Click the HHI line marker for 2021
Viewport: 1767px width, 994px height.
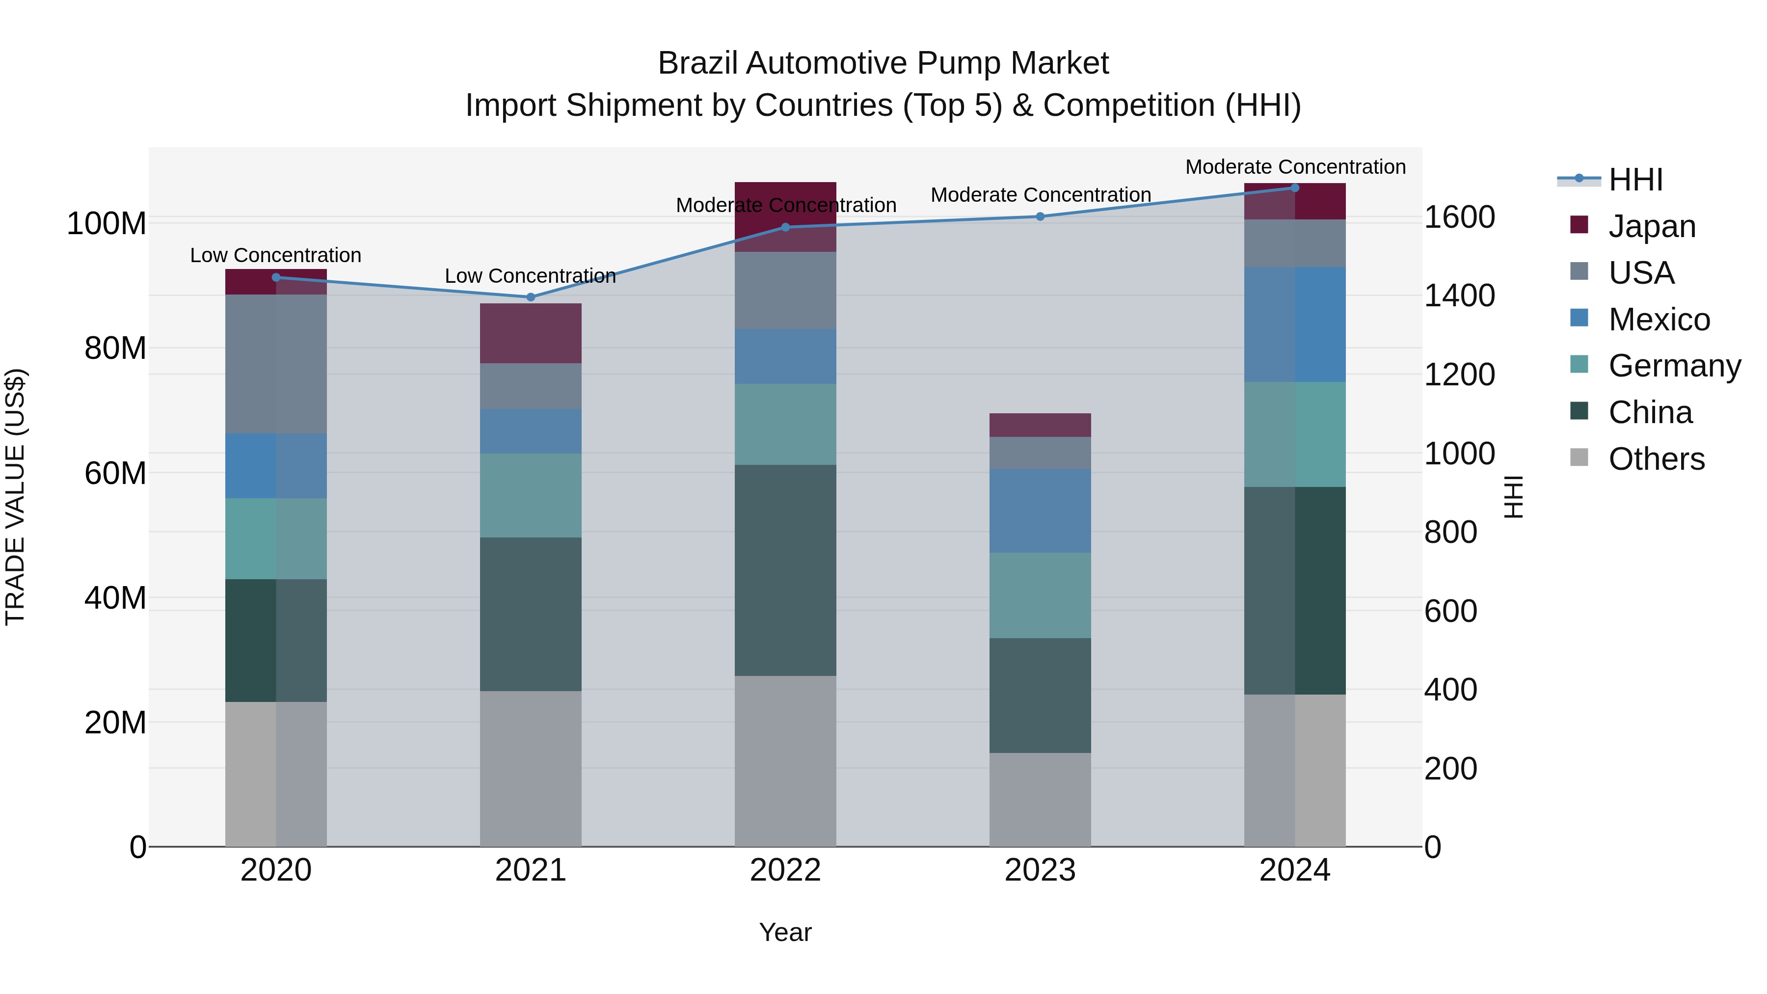click(x=530, y=297)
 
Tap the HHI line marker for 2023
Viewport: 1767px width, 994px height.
click(x=1040, y=217)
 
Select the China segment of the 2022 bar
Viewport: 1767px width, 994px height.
click(x=785, y=570)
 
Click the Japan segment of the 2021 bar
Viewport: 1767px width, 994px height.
click(x=530, y=333)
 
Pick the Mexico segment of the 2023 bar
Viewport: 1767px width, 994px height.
click(x=1040, y=510)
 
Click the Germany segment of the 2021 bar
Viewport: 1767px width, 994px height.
click(x=530, y=495)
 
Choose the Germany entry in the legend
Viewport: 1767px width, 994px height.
click(x=1674, y=366)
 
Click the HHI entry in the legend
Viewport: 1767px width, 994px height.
click(x=1635, y=180)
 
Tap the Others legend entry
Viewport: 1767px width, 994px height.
click(x=1656, y=459)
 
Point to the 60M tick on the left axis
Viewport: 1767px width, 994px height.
click(x=115, y=473)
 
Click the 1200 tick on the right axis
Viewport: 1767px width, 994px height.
click(x=1460, y=375)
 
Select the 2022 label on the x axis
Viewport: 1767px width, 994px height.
click(x=785, y=870)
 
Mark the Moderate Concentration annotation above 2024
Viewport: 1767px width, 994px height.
click(x=1295, y=167)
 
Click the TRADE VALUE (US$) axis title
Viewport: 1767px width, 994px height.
click(x=15, y=497)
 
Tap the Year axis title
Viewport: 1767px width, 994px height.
click(x=785, y=932)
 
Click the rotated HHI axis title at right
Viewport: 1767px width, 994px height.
click(x=1513, y=497)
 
